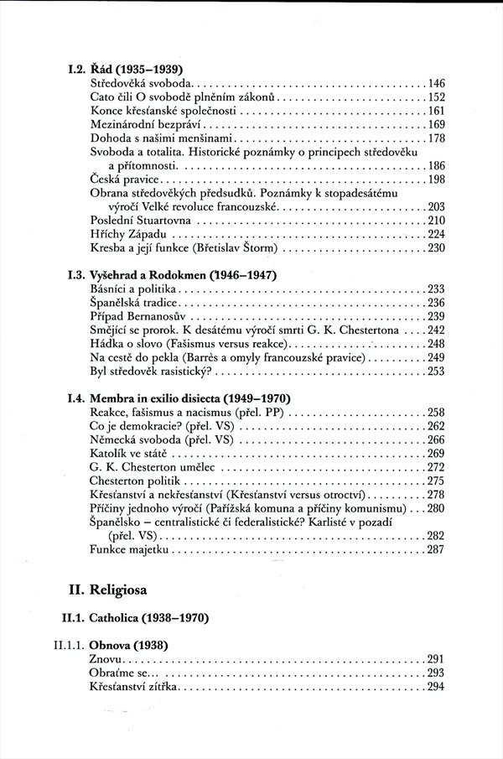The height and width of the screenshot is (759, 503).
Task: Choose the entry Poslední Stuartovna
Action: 140,220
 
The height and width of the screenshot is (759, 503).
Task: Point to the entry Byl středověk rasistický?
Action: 155,370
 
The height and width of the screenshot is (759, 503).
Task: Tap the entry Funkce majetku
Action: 131,549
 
